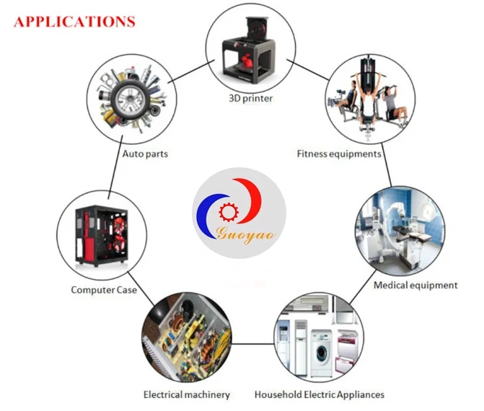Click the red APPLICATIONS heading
coord(74,22)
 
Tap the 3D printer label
coord(250,99)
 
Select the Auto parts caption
coord(145,154)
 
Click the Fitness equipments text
coord(339,154)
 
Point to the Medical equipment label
coord(415,285)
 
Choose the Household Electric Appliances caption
coord(319,394)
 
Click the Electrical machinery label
coord(187,394)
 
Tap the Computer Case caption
coord(104,290)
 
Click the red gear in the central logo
coord(229,212)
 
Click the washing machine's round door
coord(322,351)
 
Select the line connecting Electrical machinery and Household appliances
coord(253,344)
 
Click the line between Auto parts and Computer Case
coord(115,167)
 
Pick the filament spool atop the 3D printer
coord(255,28)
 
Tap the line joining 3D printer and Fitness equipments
coord(308,70)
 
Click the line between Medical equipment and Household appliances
coord(363,287)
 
